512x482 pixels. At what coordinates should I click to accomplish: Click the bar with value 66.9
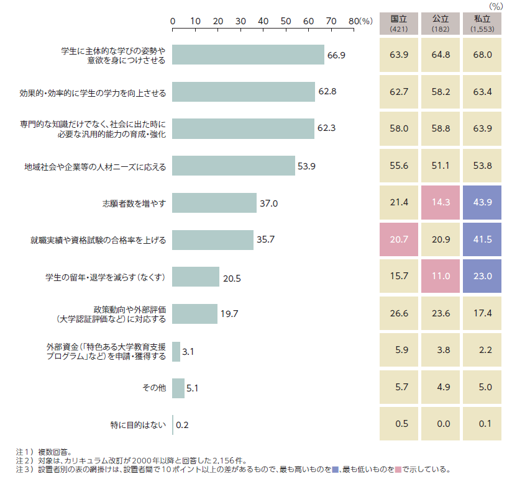[248, 55]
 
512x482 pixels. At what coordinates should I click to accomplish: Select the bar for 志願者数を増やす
[214, 203]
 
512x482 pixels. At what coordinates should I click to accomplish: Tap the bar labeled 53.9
[233, 166]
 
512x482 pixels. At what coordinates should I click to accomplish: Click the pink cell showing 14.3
[440, 203]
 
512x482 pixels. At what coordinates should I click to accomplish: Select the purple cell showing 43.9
[482, 203]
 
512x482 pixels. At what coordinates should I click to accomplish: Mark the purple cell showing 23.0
[482, 277]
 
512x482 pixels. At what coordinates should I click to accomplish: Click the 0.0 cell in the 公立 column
[440, 424]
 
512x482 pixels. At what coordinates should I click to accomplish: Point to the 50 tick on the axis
[286, 21]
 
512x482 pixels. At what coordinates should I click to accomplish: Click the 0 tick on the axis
[173, 21]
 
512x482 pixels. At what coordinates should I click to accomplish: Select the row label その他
[153, 388]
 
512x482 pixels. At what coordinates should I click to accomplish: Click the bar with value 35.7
[213, 239]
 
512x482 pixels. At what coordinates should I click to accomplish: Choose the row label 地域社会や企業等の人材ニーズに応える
[95, 166]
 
